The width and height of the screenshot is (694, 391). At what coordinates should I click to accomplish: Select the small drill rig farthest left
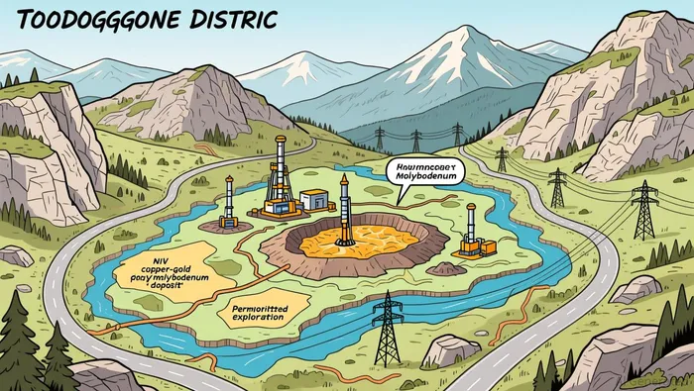229,202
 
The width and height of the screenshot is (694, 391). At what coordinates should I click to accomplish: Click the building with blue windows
314,200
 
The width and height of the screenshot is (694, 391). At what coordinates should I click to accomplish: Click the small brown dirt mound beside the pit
445,268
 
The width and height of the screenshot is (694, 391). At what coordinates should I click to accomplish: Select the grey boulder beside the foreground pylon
451,349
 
